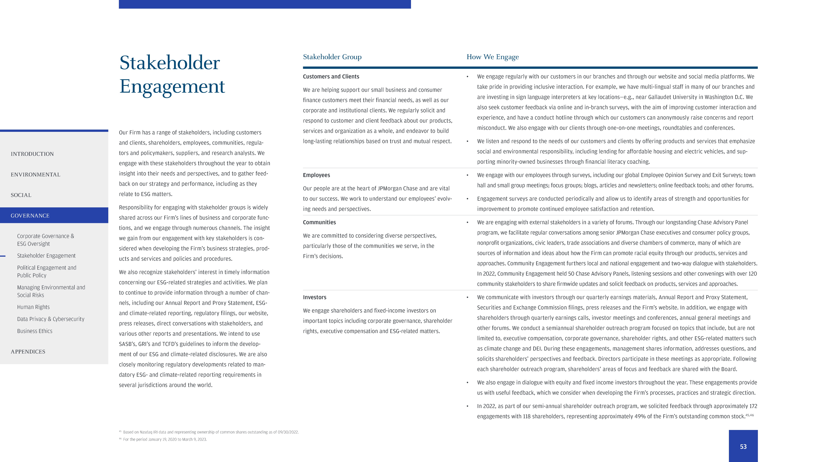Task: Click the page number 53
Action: click(743, 447)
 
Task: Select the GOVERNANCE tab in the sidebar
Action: click(30, 216)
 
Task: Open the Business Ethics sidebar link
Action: click(35, 331)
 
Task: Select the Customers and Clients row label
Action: click(331, 77)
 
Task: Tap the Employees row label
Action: click(316, 175)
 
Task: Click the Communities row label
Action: click(319, 222)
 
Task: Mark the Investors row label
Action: click(315, 297)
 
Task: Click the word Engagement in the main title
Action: click(172, 86)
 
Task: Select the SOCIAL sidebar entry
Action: click(21, 195)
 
